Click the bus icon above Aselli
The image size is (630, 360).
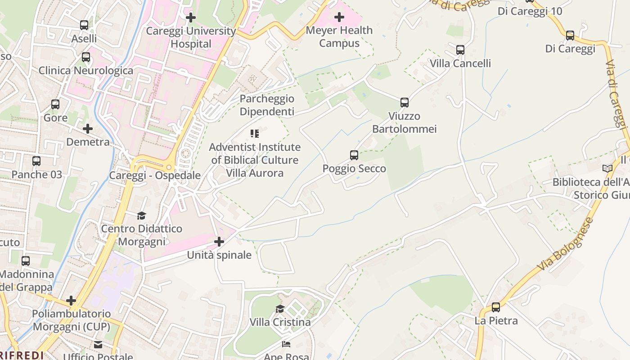[84, 25]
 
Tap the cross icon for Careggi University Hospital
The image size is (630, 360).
[191, 18]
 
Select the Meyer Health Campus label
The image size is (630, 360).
[339, 37]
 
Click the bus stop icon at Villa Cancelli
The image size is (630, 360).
[460, 50]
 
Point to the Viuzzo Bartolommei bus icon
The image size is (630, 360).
[405, 103]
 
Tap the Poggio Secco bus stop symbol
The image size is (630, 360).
[354, 155]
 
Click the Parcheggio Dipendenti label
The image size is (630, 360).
[267, 105]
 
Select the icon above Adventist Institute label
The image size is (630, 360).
[255, 134]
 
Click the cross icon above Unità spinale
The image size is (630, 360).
[219, 242]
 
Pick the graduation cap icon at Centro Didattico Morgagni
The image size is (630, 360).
[142, 216]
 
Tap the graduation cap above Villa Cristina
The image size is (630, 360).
[280, 309]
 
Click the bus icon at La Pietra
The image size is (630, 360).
[496, 307]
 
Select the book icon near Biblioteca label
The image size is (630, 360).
[607, 168]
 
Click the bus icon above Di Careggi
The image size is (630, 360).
[570, 35]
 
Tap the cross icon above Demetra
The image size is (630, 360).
[88, 129]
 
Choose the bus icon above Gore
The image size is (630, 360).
[55, 104]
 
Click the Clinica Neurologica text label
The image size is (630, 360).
[86, 71]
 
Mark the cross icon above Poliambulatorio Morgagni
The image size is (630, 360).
[71, 300]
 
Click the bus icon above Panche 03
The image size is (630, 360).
[36, 161]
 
